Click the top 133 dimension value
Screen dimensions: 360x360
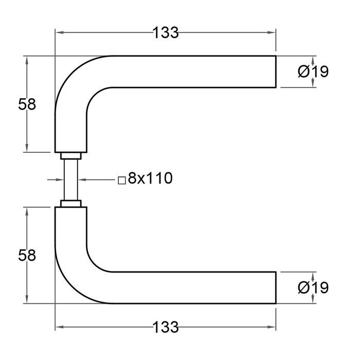pyautogui.click(x=165, y=33)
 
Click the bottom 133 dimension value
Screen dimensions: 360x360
pyautogui.click(x=165, y=326)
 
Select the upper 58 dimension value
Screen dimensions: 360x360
pyautogui.click(x=27, y=104)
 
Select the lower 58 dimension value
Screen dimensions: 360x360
pyautogui.click(x=27, y=255)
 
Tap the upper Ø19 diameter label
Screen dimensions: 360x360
pyautogui.click(x=313, y=72)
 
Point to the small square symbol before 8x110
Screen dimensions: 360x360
pyautogui.click(x=121, y=181)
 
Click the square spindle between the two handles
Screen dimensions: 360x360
pyautogui.click(x=70, y=179)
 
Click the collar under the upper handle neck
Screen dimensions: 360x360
pyautogui.click(x=70, y=156)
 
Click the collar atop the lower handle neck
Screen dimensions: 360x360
pyautogui.click(x=70, y=204)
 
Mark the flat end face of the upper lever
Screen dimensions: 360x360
pyautogui.click(x=276, y=71)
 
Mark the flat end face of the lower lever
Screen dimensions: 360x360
pyautogui.click(x=276, y=287)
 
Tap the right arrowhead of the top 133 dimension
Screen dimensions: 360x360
pyautogui.click(x=273, y=33)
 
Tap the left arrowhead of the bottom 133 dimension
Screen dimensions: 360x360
pyautogui.click(x=59, y=326)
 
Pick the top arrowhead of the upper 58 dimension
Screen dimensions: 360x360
pyautogui.click(x=27, y=59)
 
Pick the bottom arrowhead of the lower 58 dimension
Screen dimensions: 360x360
pyautogui.click(x=27, y=300)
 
